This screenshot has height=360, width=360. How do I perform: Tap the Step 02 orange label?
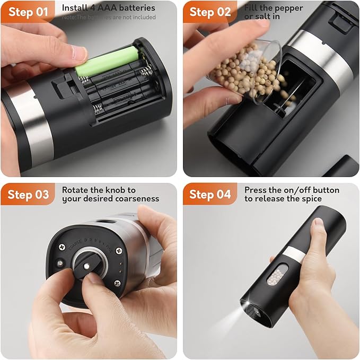coord(210,12)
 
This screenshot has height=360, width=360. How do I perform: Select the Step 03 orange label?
coord(28,195)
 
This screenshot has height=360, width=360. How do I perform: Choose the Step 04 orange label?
coord(210,195)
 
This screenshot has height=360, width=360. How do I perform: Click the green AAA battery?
coord(106,62)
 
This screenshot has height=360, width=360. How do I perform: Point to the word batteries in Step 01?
coord(137,8)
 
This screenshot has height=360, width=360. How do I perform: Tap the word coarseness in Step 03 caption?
coord(135,199)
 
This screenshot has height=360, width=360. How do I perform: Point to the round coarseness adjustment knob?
coord(85,262)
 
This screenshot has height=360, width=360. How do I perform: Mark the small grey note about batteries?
coord(109,17)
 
